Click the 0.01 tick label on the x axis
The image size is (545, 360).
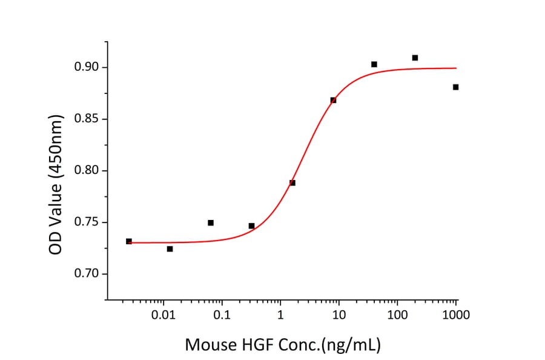pyautogui.click(x=163, y=315)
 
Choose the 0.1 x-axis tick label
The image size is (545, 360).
pyautogui.click(x=222, y=315)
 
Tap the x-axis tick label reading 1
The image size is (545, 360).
pyautogui.click(x=280, y=315)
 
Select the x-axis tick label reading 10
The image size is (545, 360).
pyautogui.click(x=339, y=315)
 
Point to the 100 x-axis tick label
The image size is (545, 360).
pyautogui.click(x=398, y=315)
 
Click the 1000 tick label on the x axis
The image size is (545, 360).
pyautogui.click(x=456, y=315)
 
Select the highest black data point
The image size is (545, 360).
pyautogui.click(x=415, y=58)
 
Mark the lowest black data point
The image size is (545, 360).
pyautogui.click(x=170, y=248)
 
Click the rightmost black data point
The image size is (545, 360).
pyautogui.click(x=455, y=87)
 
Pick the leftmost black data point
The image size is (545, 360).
pyautogui.click(x=128, y=241)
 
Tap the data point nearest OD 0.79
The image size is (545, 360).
pyautogui.click(x=292, y=182)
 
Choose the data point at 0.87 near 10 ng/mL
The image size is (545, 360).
pyautogui.click(x=333, y=100)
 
